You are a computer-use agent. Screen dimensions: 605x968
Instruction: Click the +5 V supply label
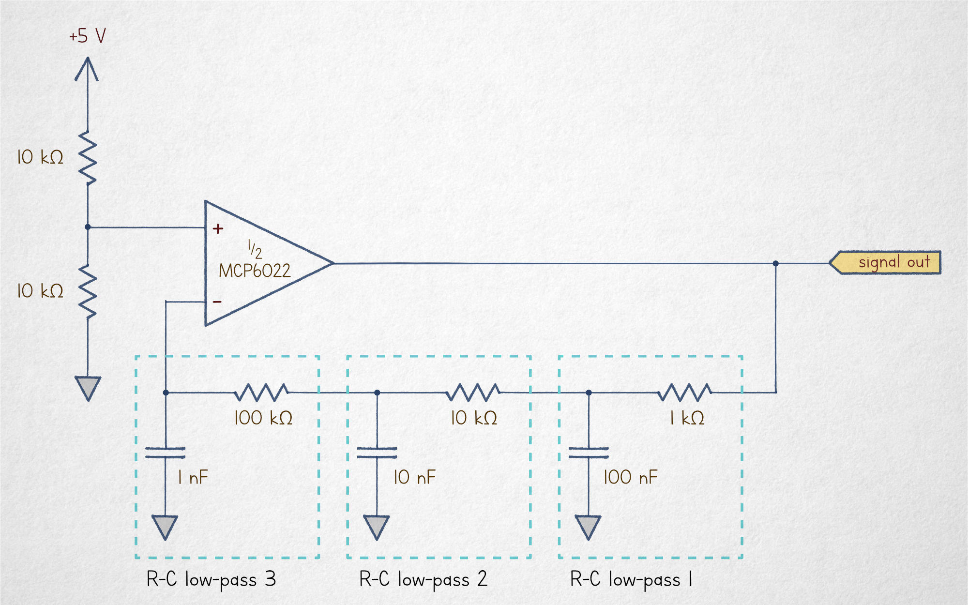[87, 36]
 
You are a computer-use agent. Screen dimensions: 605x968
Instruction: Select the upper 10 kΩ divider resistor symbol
[88, 158]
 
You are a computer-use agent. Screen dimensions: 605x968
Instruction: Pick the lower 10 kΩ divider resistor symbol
[88, 291]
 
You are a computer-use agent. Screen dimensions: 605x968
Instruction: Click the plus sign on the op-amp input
[218, 228]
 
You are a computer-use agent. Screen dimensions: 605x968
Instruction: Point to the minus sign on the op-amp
[217, 302]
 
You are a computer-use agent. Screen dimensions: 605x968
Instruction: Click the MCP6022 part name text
[255, 271]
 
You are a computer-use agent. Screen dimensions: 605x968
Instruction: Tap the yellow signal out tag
[886, 263]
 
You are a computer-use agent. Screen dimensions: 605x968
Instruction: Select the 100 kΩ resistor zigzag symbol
[261, 392]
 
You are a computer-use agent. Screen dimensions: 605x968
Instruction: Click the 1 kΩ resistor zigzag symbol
[684, 392]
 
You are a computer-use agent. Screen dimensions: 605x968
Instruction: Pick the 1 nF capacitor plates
[166, 453]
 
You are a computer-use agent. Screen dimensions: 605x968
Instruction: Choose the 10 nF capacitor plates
[377, 453]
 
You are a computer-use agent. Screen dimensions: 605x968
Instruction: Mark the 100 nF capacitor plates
[589, 453]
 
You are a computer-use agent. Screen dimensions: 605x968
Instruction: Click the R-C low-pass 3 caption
[211, 579]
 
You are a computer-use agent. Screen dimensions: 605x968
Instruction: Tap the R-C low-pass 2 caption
[423, 579]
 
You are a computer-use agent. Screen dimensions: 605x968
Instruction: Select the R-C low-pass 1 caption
[631, 579]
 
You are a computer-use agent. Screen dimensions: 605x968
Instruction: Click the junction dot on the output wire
[776, 263]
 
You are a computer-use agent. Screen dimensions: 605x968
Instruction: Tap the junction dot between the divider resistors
[88, 227]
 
